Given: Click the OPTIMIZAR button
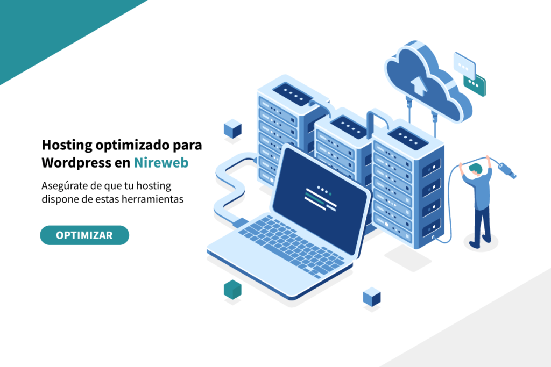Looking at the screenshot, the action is pos(84,235).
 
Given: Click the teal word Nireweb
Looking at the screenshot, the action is pos(161,163).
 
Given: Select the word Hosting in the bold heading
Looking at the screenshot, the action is pos(67,145).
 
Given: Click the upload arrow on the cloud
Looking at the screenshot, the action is pos(419,86).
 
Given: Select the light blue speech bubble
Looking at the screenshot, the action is pos(464,64).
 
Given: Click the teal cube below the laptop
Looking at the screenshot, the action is pos(232,290).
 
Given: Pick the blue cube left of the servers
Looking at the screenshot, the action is pos(232,129).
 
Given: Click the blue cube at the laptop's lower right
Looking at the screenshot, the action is pos(372,297).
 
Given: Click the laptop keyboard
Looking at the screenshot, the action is pos(292,245).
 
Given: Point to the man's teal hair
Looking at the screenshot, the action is pos(476,169).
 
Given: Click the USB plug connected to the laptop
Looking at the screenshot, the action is pos(241,223).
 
